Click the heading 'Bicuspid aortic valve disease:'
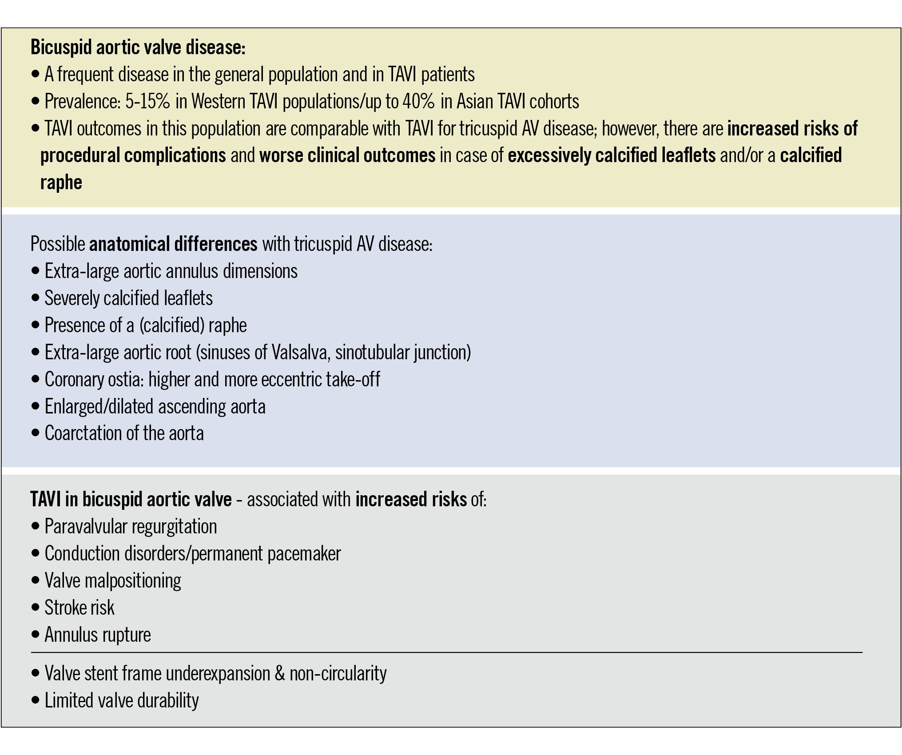pyautogui.click(x=138, y=48)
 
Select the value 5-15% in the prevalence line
pyautogui.click(x=147, y=102)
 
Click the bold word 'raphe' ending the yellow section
pyautogui.click(x=61, y=183)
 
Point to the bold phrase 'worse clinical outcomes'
pyautogui.click(x=347, y=155)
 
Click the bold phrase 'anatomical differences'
pyautogui.click(x=173, y=244)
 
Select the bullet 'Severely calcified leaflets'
pyautogui.click(x=128, y=298)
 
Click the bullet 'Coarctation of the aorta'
pyautogui.click(x=124, y=433)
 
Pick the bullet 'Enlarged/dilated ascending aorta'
pyautogui.click(x=155, y=406)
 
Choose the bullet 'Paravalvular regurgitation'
pyautogui.click(x=131, y=527)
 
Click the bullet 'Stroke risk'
pyautogui.click(x=79, y=608)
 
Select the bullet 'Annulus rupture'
pyautogui.click(x=98, y=635)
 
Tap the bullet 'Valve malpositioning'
pyautogui.click(x=113, y=580)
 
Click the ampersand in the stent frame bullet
pyautogui.click(x=280, y=673)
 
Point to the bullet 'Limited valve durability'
pyautogui.click(x=122, y=700)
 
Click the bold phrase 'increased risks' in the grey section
pyautogui.click(x=411, y=500)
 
